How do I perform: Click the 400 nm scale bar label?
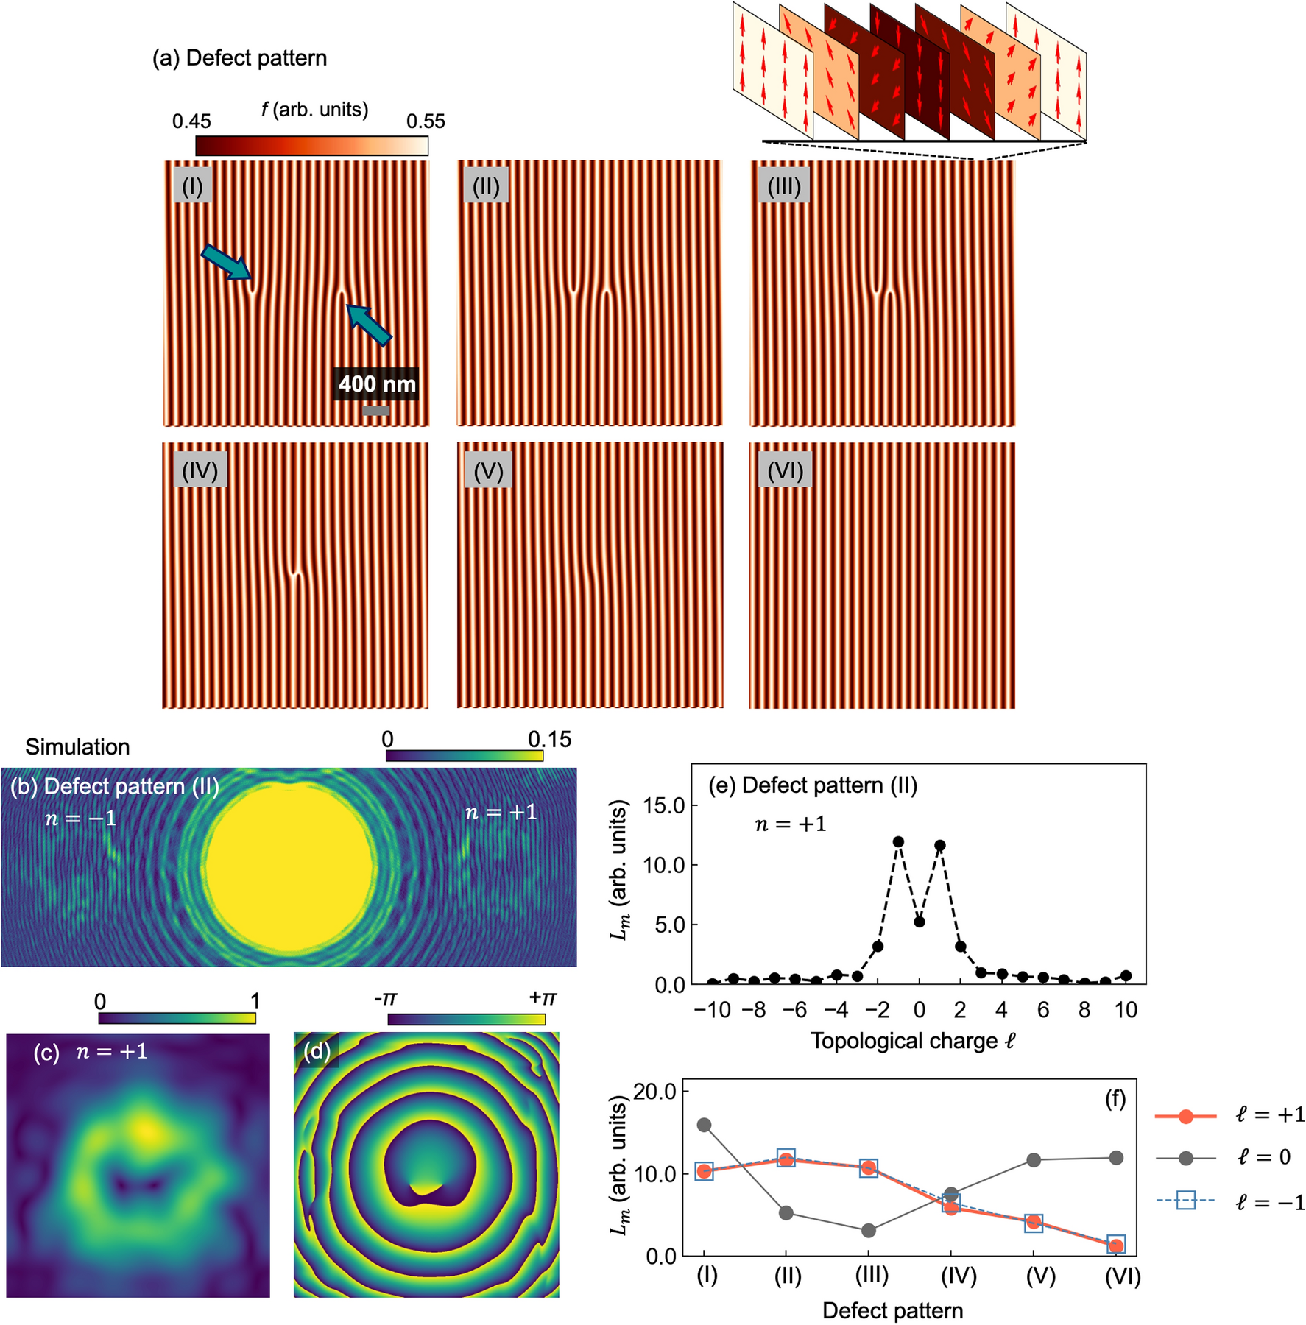(x=376, y=384)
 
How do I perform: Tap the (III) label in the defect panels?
(x=783, y=186)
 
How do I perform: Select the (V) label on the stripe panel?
(x=488, y=470)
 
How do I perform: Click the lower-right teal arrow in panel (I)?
(x=368, y=325)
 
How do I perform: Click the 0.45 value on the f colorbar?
(x=191, y=121)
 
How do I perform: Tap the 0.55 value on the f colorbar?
(x=426, y=121)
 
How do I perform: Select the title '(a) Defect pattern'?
(x=239, y=58)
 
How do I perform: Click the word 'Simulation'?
(x=77, y=747)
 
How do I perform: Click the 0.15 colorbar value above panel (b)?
(x=549, y=739)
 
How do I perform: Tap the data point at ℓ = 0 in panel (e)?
(x=919, y=922)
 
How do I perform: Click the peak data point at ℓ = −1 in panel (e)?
(x=898, y=841)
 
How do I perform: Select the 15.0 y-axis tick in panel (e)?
(x=664, y=805)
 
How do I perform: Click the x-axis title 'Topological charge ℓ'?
(x=913, y=1041)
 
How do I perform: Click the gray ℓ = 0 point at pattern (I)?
(x=704, y=1125)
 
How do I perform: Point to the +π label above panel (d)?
(x=543, y=998)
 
